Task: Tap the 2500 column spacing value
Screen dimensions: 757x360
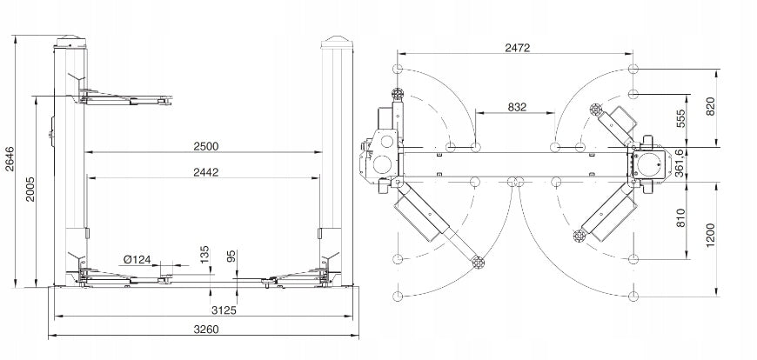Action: (x=206, y=146)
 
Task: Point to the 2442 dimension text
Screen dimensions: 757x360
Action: (x=205, y=172)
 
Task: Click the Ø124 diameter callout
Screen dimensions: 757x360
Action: (x=137, y=260)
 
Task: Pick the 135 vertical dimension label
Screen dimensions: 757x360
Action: (x=204, y=255)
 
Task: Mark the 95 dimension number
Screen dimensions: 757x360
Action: (x=231, y=257)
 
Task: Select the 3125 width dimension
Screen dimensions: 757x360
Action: (x=224, y=310)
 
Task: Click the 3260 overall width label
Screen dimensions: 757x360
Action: (x=206, y=330)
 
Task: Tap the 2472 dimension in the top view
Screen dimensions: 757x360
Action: (x=518, y=48)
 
